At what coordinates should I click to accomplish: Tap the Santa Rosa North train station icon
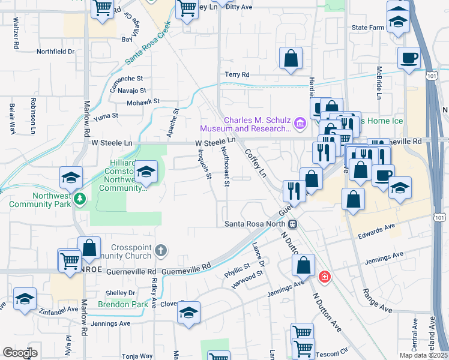tap(293, 224)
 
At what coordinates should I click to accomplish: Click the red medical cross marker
tap(325, 277)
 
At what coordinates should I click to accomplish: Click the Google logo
tap(20, 353)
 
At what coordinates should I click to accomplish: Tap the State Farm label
tap(367, 28)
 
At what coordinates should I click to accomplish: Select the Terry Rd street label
tap(237, 75)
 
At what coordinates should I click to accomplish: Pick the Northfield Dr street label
tap(55, 52)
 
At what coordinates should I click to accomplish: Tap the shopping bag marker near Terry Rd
tap(291, 59)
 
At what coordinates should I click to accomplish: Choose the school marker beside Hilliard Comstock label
tap(145, 173)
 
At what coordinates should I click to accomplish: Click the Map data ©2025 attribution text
tap(424, 355)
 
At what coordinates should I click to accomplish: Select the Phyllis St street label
tap(237, 268)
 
